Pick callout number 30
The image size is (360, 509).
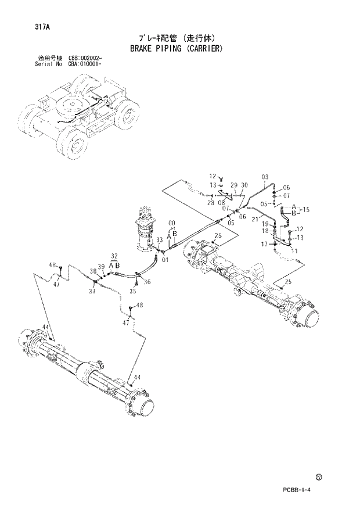(x=244, y=185)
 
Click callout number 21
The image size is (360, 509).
(x=271, y=218)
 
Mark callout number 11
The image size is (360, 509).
(x=294, y=250)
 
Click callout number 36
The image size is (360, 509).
(x=147, y=282)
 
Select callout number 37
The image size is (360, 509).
(x=92, y=292)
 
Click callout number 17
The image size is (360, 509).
(x=264, y=245)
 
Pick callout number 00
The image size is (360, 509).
(x=171, y=223)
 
